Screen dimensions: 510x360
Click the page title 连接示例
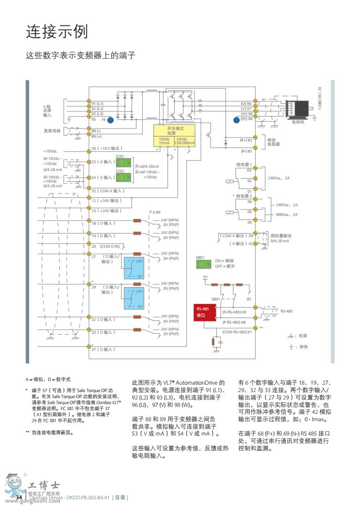[57, 32]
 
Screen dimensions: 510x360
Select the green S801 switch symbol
[203, 264]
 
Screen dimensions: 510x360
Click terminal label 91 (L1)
[98, 104]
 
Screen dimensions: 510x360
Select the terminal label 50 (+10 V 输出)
[107, 148]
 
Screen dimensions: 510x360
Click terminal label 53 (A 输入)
[103, 162]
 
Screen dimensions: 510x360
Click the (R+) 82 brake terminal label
[246, 140]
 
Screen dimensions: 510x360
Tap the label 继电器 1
[244, 164]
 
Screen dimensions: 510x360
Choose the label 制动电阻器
[274, 142]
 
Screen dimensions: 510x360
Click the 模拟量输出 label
[281, 235]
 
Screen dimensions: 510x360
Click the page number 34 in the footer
[19, 497]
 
